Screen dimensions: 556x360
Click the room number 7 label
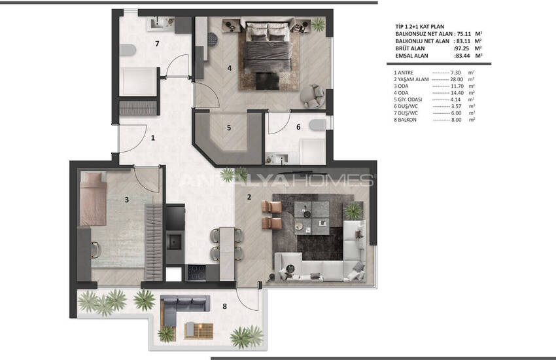pyautogui.click(x=157, y=44)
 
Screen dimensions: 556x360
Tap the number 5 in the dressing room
pyautogui.click(x=229, y=128)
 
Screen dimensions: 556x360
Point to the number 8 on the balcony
pyautogui.click(x=224, y=306)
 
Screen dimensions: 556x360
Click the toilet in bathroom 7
pyautogui.click(x=128, y=50)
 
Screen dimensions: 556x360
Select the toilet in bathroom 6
pyautogui.click(x=317, y=125)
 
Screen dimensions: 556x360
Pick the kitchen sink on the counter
pyautogui.click(x=175, y=242)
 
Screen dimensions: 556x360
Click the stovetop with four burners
pyautogui.click(x=196, y=273)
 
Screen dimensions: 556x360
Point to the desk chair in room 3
pyautogui.click(x=96, y=249)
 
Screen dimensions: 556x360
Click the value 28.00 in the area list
pyautogui.click(x=457, y=79)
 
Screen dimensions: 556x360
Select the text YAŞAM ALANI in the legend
pyautogui.click(x=413, y=79)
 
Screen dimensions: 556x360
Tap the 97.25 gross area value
pyautogui.click(x=462, y=48)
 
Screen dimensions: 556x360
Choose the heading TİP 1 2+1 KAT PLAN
pyautogui.click(x=419, y=26)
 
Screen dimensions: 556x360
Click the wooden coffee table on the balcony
pyautogui.click(x=199, y=331)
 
